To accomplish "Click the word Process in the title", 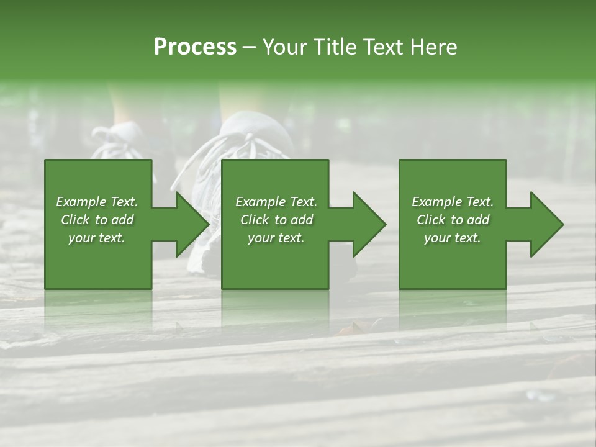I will [x=195, y=47].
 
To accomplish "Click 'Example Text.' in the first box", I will [x=97, y=202].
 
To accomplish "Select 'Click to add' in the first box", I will [x=97, y=220].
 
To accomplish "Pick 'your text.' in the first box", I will [x=97, y=238].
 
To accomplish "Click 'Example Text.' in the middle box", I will [x=276, y=202].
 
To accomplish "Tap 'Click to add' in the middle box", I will [x=276, y=220].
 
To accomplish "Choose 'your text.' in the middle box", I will [x=276, y=238].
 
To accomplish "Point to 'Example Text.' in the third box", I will [x=453, y=202].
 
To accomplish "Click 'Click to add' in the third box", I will [x=453, y=220].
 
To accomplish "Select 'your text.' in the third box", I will [x=453, y=238].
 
